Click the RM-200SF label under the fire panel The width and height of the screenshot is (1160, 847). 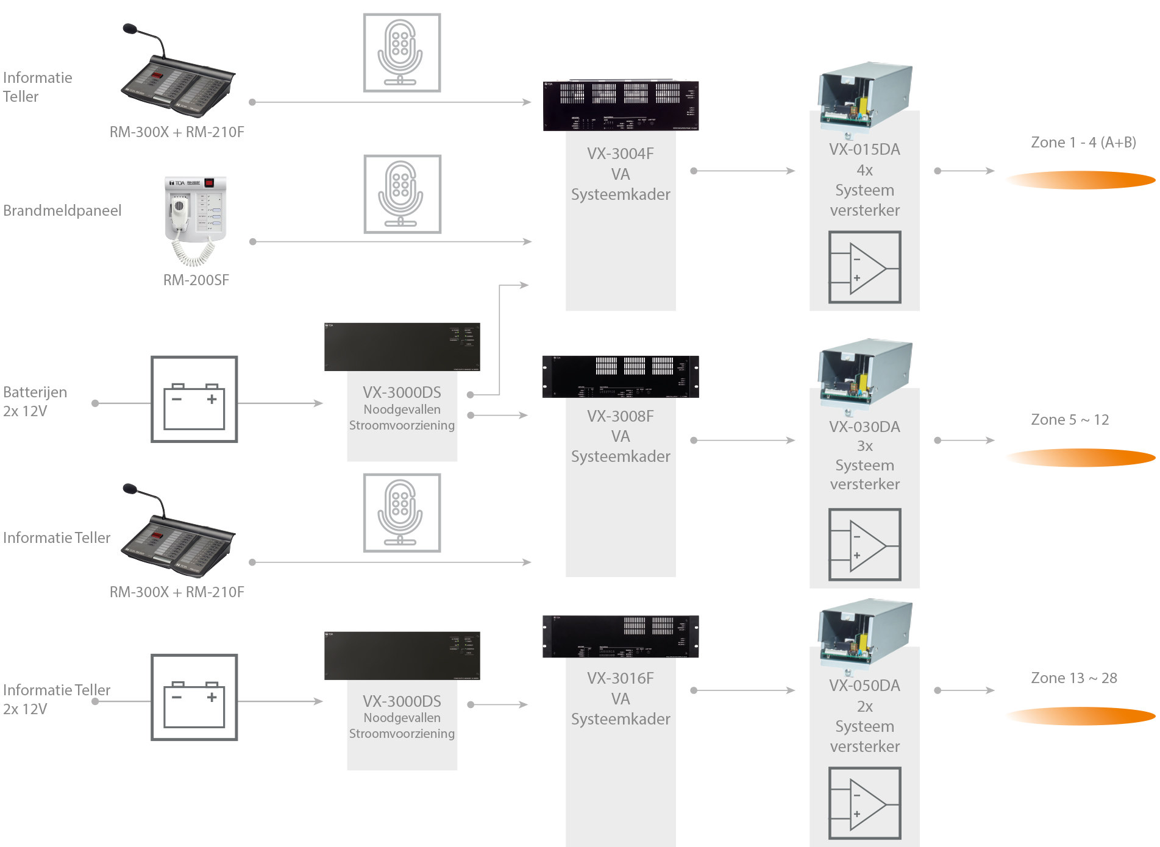[196, 280]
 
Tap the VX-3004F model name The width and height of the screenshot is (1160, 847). [620, 154]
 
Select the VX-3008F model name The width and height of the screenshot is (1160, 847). [620, 416]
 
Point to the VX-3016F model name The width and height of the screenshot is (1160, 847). [620, 678]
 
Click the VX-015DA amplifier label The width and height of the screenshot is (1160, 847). [864, 150]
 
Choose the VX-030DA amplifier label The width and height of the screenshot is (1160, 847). [864, 427]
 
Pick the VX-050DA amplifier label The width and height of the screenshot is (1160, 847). [864, 686]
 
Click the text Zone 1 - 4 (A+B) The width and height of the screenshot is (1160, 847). [1083, 143]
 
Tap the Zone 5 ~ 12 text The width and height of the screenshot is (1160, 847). [1070, 420]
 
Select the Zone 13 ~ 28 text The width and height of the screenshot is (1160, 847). [1073, 678]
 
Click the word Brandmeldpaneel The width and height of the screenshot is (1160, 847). [62, 211]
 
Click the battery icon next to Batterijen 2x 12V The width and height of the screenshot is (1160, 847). [194, 400]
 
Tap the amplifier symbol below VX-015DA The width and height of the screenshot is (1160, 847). [864, 267]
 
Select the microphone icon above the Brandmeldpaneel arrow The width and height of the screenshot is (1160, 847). [402, 194]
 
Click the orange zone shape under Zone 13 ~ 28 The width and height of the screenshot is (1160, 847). [1080, 716]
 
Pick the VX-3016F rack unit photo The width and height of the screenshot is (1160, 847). [621, 637]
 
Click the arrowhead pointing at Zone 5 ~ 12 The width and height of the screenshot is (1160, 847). [991, 440]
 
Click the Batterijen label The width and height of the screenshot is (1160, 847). [35, 392]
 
